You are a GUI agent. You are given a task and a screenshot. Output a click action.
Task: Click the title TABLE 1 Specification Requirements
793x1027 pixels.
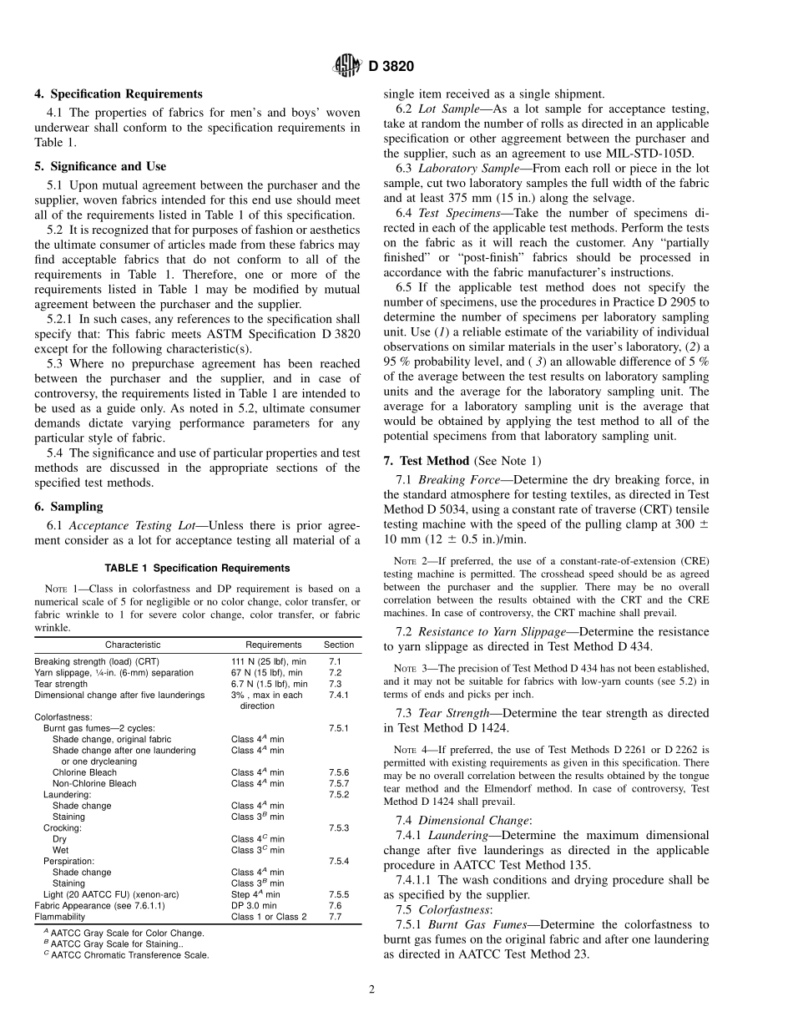[x=198, y=568]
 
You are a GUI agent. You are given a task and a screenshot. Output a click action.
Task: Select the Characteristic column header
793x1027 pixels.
[x=133, y=645]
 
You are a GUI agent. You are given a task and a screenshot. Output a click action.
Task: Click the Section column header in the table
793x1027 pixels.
[x=339, y=645]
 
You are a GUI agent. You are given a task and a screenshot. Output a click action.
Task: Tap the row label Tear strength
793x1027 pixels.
[x=61, y=684]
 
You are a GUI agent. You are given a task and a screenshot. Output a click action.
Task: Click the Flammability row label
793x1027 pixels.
[x=60, y=916]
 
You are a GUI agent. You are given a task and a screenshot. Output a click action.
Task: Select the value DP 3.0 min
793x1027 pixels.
[x=255, y=905]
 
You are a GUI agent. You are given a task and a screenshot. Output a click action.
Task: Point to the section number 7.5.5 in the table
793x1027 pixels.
[x=339, y=894]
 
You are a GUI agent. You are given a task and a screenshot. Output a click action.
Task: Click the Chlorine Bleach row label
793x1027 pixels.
[x=84, y=772]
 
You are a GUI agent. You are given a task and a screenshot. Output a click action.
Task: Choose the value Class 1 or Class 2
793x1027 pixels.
[x=269, y=916]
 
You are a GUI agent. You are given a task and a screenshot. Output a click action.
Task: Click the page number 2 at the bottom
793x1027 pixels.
[x=372, y=990]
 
